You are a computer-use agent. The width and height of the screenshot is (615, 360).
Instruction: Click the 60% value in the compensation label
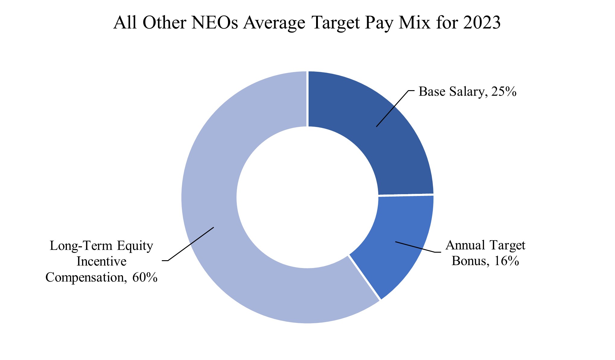145,277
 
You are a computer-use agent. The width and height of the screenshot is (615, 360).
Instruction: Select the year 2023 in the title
482,23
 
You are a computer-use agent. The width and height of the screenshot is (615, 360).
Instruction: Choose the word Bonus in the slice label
469,261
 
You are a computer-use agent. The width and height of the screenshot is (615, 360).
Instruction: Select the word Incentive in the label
101,261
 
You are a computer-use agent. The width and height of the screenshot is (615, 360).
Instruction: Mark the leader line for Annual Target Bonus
416,247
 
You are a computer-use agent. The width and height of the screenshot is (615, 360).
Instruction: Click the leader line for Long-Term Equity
190,244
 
